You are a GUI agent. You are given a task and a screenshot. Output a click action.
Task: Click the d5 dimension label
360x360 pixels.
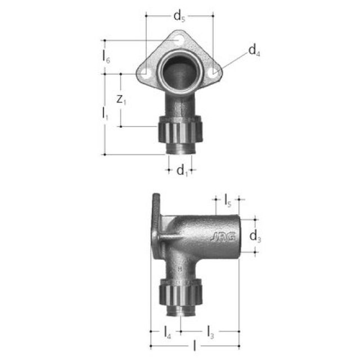(179, 16)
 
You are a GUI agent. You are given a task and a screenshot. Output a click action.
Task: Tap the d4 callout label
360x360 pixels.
(254, 52)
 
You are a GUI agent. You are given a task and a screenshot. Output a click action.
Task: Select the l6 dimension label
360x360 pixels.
(106, 56)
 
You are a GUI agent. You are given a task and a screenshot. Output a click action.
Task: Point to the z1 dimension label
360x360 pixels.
(121, 101)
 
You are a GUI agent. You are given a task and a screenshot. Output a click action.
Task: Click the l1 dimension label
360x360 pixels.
(105, 113)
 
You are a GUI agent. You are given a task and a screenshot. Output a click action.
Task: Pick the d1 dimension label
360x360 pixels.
(182, 170)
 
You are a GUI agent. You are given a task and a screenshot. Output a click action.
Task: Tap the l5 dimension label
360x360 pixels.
(228, 200)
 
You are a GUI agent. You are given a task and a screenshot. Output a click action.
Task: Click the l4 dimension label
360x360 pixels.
(167, 332)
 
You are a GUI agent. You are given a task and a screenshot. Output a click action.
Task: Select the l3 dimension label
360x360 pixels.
(209, 332)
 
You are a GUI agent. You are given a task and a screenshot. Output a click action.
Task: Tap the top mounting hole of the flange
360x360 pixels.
(179, 40)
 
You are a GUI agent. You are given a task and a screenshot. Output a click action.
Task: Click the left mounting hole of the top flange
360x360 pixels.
(145, 73)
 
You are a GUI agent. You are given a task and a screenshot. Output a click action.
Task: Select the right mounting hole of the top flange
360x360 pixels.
(213, 73)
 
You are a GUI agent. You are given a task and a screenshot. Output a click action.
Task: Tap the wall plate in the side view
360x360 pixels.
(156, 225)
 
